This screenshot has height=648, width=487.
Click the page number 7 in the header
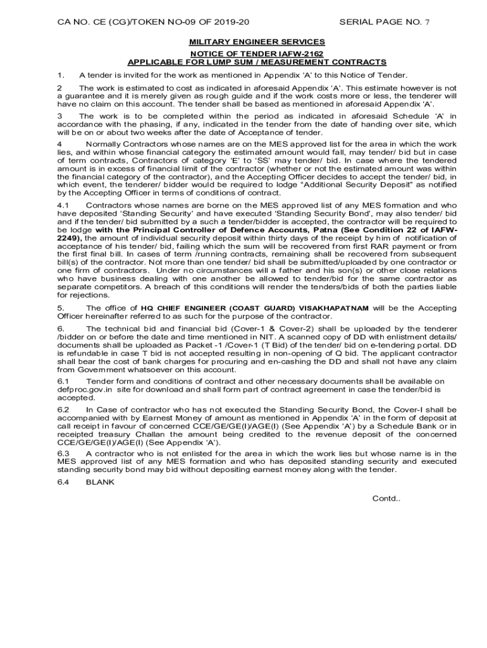(x=427, y=22)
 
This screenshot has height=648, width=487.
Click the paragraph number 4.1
(x=63, y=206)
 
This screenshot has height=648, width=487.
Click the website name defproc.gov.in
(x=84, y=390)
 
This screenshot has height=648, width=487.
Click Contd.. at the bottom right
(x=386, y=498)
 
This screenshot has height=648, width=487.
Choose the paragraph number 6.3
(x=63, y=453)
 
